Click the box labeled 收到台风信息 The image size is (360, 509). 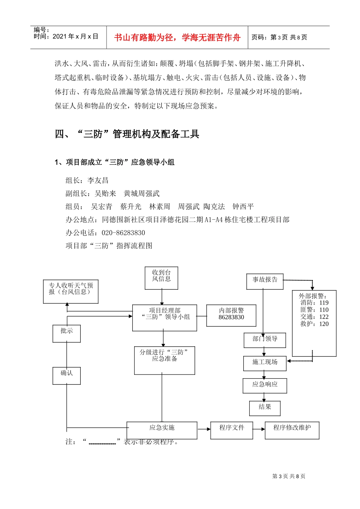point(161,278)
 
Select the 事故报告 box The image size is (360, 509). point(265,281)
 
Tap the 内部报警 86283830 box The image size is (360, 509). point(231,315)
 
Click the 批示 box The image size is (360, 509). point(67,333)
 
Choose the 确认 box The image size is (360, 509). point(67,376)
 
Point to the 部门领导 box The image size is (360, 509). point(265,340)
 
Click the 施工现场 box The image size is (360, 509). point(265,363)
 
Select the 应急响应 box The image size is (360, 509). point(265,386)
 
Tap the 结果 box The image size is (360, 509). point(265,408)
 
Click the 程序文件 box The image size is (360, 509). point(232,430)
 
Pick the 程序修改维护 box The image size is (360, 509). point(292,430)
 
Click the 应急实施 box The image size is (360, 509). point(162,430)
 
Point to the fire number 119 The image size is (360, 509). point(324,303)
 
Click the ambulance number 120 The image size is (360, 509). point(324,324)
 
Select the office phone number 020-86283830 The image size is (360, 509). point(123,233)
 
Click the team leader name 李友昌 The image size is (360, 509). point(98,180)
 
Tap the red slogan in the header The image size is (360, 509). point(177,37)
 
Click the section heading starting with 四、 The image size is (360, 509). point(127,134)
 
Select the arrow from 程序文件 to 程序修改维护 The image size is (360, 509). point(259,429)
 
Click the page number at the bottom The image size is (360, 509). point(289,476)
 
